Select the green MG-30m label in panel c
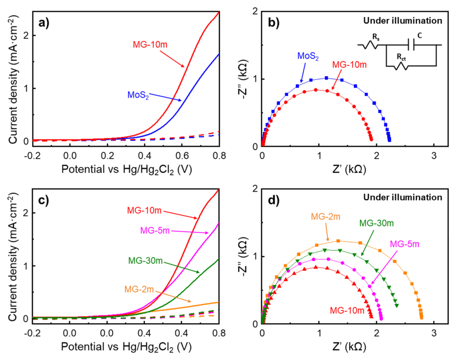pyautogui.click(x=146, y=260)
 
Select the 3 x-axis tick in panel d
pyautogui.click(x=434, y=333)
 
